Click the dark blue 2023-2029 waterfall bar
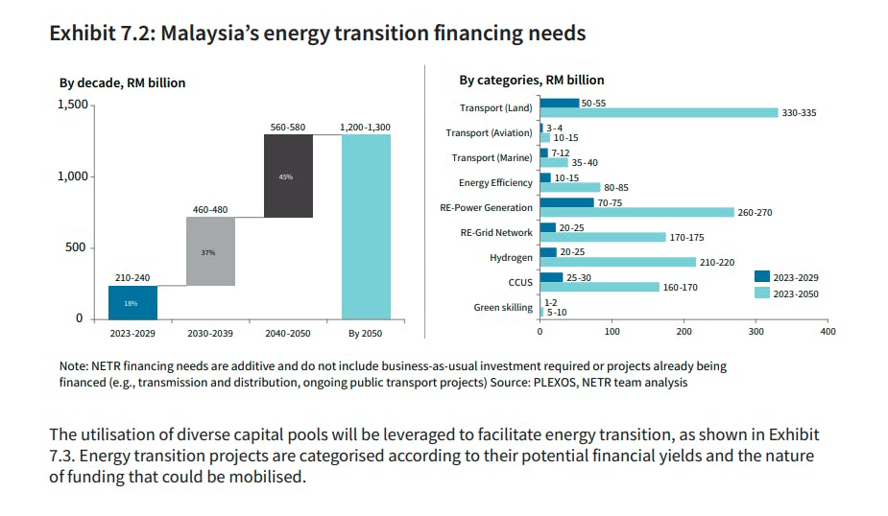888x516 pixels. [x=132, y=302]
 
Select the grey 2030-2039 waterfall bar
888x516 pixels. [x=210, y=251]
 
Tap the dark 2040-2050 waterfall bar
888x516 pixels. [x=288, y=176]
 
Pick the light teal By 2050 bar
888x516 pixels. [x=366, y=226]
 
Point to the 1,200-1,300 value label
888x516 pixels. [x=366, y=127]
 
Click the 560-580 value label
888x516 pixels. [x=288, y=127]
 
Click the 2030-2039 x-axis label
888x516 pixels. [x=210, y=334]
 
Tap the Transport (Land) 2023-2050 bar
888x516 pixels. [x=659, y=113]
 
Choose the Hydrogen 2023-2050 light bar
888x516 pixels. [x=617, y=262]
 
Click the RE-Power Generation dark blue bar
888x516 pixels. [x=566, y=202]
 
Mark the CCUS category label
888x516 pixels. [x=519, y=282]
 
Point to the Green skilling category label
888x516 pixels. [x=503, y=307]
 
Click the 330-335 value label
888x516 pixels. [x=799, y=113]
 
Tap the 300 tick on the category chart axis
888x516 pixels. [x=756, y=332]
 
